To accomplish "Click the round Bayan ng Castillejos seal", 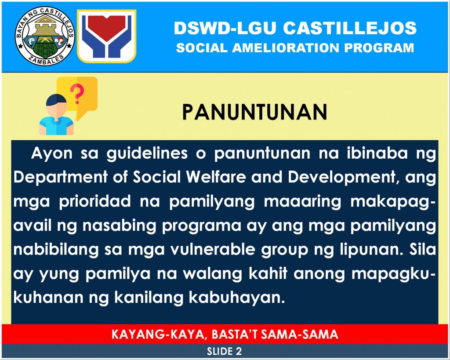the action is (45, 36).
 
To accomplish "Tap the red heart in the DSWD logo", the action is (106, 27).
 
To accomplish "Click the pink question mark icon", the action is (76, 93).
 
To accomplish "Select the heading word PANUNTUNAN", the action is (254, 112).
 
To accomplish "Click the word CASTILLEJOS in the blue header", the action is (349, 28).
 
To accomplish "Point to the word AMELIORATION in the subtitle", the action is (286, 48).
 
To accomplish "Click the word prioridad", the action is (95, 201).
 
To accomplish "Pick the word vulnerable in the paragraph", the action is (212, 249).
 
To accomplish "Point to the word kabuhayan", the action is (237, 298).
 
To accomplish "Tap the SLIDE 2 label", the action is (224, 351).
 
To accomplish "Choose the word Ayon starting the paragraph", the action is (52, 154).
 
